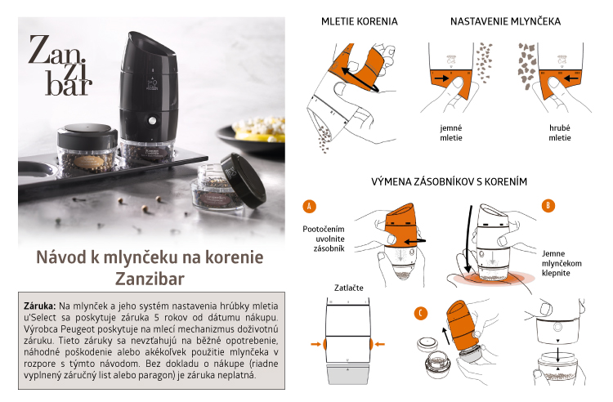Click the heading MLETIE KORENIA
(x=360, y=21)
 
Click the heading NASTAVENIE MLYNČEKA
(x=505, y=21)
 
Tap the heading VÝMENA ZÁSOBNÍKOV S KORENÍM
(x=450, y=181)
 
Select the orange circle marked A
(x=309, y=206)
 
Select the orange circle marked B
(x=548, y=205)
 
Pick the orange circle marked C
(x=421, y=313)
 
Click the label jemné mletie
(x=451, y=133)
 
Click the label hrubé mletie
(x=560, y=133)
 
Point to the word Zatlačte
(x=349, y=288)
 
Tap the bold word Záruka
(x=40, y=306)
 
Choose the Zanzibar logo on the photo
(x=60, y=65)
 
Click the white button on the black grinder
(x=152, y=121)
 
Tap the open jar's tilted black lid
(x=244, y=180)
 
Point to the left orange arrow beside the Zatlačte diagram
(x=315, y=344)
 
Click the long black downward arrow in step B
(x=468, y=239)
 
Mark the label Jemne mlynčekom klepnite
(x=562, y=263)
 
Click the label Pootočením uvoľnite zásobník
(x=324, y=239)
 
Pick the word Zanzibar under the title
(x=150, y=279)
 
